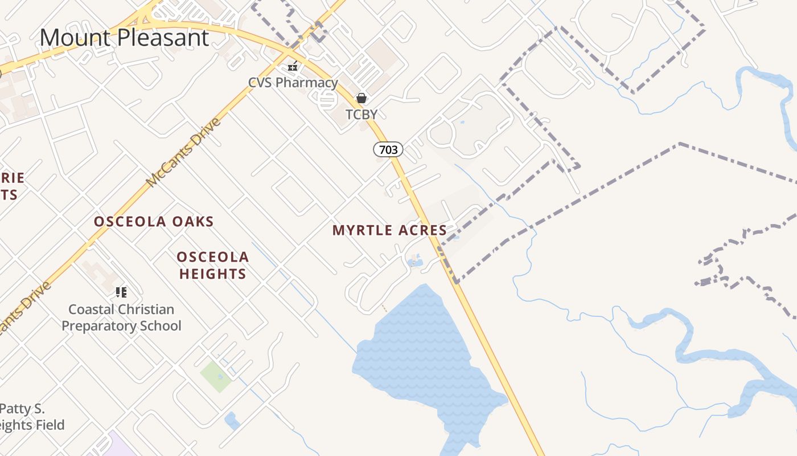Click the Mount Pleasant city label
tap(124, 38)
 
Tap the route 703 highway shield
tap(388, 150)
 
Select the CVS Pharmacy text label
tap(293, 83)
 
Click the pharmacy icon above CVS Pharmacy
tap(293, 67)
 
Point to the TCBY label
tap(361, 115)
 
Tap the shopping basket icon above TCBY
tap(361, 98)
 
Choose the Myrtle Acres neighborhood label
tap(390, 230)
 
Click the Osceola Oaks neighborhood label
tap(154, 222)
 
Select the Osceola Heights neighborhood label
tap(213, 266)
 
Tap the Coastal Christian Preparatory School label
tap(121, 317)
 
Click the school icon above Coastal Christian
tap(121, 292)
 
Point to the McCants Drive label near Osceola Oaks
tap(183, 153)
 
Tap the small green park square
tap(216, 376)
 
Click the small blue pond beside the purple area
tap(232, 421)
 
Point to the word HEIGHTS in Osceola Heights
tap(213, 274)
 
